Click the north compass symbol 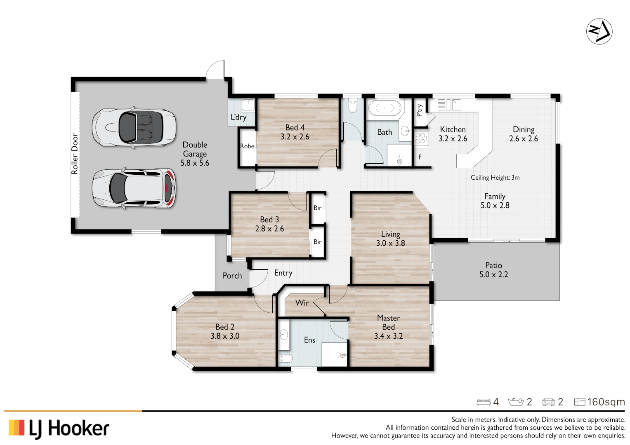599,31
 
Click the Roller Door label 75,154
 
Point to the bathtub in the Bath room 385,108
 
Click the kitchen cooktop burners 421,138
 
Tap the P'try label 420,110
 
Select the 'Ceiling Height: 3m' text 495,178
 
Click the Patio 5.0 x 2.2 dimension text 493,274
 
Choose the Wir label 302,303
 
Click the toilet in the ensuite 285,357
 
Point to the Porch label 232,276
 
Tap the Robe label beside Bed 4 247,146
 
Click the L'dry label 238,117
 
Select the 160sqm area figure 606,402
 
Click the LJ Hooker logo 59,429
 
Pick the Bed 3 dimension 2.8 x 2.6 269,229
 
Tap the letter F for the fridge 420,157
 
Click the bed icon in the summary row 484,402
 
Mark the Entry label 283,273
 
